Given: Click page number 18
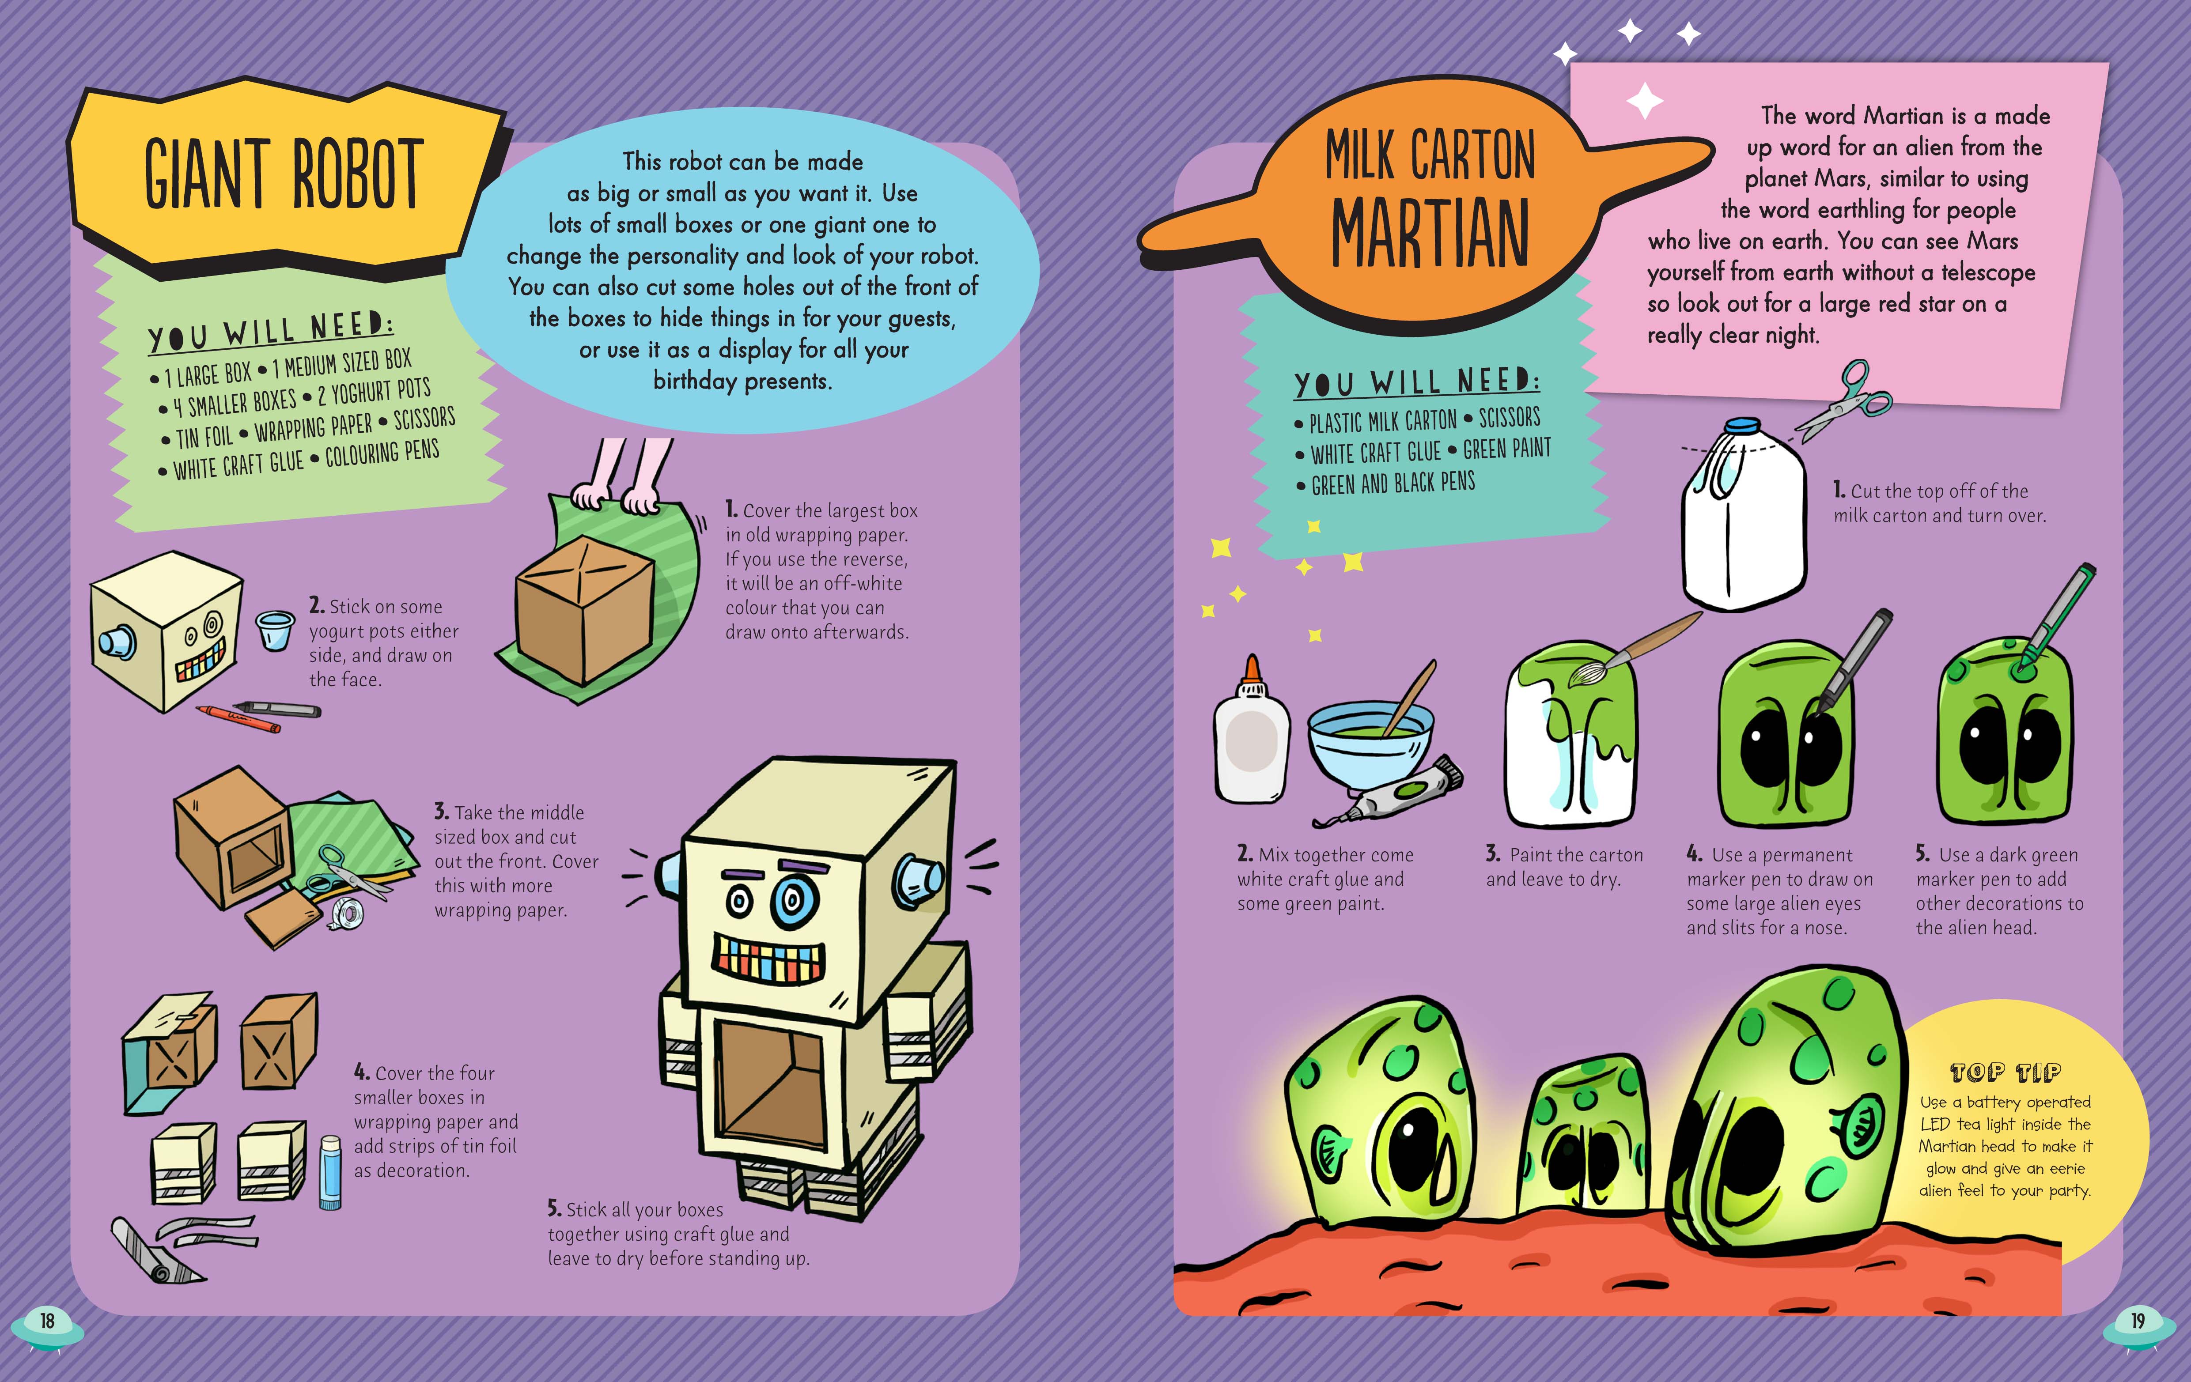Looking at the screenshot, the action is point(47,1321).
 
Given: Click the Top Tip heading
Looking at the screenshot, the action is point(2006,1072).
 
